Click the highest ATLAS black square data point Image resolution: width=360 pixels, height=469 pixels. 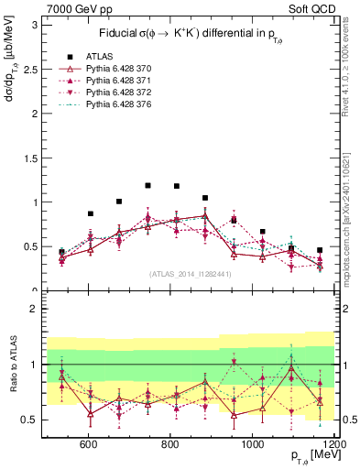click(147, 185)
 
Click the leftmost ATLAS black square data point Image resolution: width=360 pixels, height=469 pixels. click(61, 251)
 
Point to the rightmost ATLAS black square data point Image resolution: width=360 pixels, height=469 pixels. click(320, 250)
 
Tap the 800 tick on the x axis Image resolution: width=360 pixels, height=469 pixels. click(169, 445)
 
